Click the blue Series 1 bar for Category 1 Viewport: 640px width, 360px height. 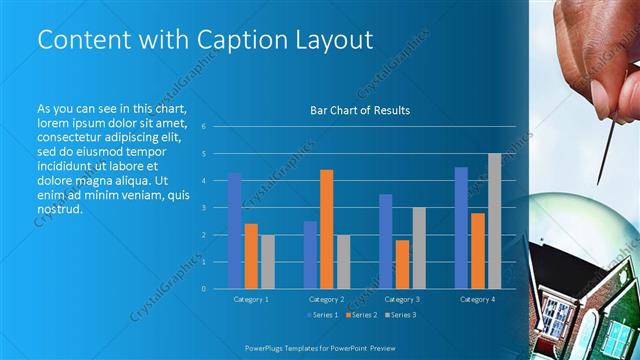(x=234, y=231)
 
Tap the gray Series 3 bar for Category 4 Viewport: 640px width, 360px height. (x=494, y=221)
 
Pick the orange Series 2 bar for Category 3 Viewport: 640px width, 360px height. (x=402, y=264)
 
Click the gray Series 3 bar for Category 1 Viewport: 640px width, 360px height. (x=267, y=262)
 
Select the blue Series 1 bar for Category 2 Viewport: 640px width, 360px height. (x=310, y=255)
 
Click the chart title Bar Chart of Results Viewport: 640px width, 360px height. (x=360, y=111)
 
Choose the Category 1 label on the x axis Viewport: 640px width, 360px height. (x=251, y=299)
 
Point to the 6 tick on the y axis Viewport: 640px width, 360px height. (x=203, y=127)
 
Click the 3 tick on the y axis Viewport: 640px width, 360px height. (x=203, y=208)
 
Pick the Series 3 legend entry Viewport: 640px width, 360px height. (x=401, y=315)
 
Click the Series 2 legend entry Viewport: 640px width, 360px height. (x=362, y=315)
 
